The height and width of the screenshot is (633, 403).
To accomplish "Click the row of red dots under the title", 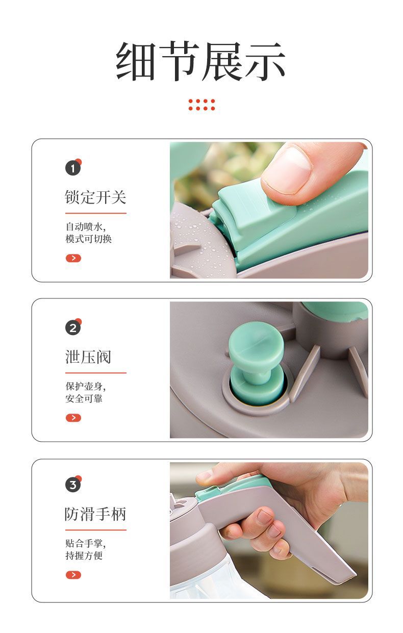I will (202, 105).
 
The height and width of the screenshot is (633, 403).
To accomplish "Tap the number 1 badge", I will (73, 168).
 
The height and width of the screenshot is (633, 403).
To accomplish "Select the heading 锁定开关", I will (95, 197).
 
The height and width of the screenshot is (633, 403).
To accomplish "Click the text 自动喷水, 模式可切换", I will (88, 232).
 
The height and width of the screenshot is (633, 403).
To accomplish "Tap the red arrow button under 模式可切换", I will (73, 258).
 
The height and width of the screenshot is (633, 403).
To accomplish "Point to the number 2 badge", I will (73, 328).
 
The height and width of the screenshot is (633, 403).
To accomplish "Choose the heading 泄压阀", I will (88, 357).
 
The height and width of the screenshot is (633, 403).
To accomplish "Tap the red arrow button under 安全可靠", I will (73, 418).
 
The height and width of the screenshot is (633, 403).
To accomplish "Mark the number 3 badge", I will (73, 485).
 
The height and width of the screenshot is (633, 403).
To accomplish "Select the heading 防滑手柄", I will (95, 514).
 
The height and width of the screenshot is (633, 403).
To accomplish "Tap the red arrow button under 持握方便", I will (73, 575).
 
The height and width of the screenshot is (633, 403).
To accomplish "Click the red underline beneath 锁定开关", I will (95, 213).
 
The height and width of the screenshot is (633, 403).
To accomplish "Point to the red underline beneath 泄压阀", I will (95, 373).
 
